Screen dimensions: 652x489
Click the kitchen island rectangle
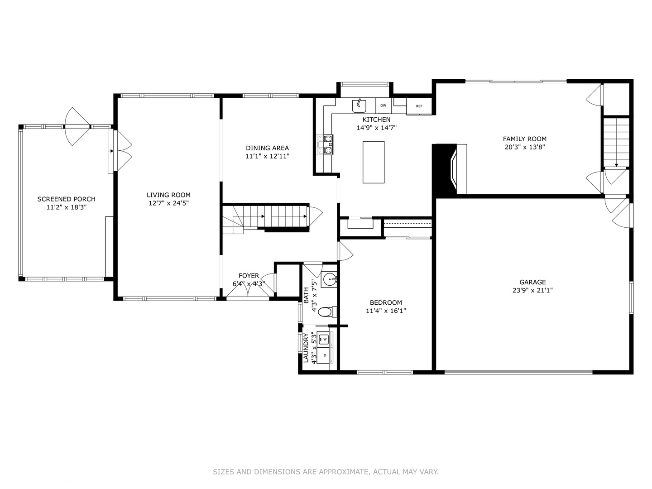coord(374,162)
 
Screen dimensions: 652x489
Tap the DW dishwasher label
coord(383,105)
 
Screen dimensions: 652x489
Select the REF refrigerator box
coord(419,106)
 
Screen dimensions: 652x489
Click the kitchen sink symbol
coord(359,106)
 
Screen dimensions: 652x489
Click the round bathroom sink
coord(330,279)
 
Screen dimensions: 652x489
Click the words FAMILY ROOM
coord(525,139)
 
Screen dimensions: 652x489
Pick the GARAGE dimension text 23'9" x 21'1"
coord(532,290)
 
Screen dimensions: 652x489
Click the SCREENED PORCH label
coord(66,199)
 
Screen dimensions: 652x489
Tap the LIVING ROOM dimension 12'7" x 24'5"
coord(169,203)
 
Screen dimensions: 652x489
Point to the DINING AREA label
coord(267,148)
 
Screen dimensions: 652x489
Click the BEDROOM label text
coord(386,302)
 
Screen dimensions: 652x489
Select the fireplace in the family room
coord(450,169)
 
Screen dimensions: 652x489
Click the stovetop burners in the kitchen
coord(325,144)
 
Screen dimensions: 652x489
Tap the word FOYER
coord(249,276)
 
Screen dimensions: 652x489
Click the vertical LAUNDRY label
coord(306,348)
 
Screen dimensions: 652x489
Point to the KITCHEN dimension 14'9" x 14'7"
coord(377,128)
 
